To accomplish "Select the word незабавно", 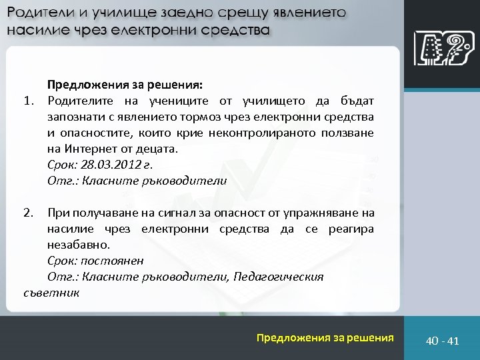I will pyautogui.click(x=75, y=245).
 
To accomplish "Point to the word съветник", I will pyautogui.click(x=51, y=292).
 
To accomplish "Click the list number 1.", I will pyautogui.click(x=28, y=101).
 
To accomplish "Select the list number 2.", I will pyautogui.click(x=28, y=213).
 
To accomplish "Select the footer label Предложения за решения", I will pyautogui.click(x=325, y=338).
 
